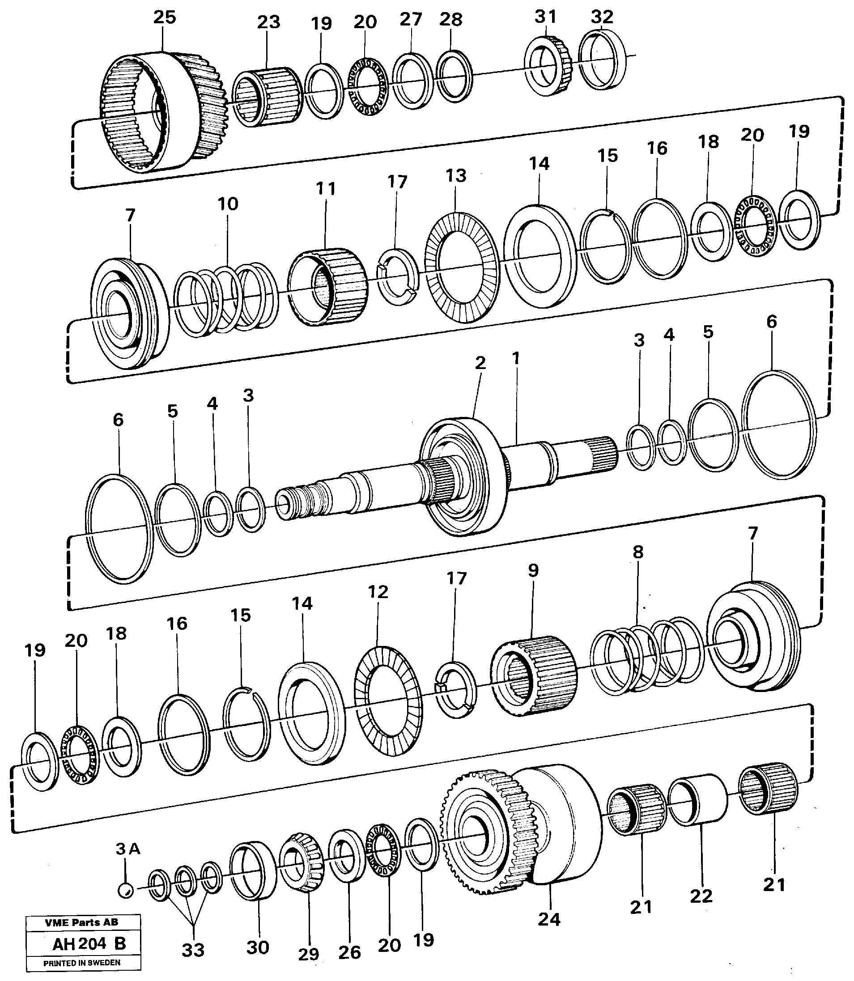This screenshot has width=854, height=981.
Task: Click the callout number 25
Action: (x=165, y=17)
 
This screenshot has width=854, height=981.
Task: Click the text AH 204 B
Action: (x=89, y=943)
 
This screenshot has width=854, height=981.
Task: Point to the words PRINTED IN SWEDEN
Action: (x=82, y=962)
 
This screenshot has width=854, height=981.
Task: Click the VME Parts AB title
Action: (x=81, y=923)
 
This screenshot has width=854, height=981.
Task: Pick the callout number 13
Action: (x=455, y=176)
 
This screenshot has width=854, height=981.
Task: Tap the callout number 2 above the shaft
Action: (x=480, y=363)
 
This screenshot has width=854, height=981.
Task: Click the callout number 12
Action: (x=378, y=592)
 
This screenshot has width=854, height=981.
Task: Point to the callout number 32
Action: (x=601, y=17)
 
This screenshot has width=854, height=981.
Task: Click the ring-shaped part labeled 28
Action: (x=455, y=76)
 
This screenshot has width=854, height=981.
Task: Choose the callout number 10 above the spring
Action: (x=227, y=204)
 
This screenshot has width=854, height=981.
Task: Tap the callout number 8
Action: (x=638, y=552)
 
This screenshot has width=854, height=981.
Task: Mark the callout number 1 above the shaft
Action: (x=515, y=358)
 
